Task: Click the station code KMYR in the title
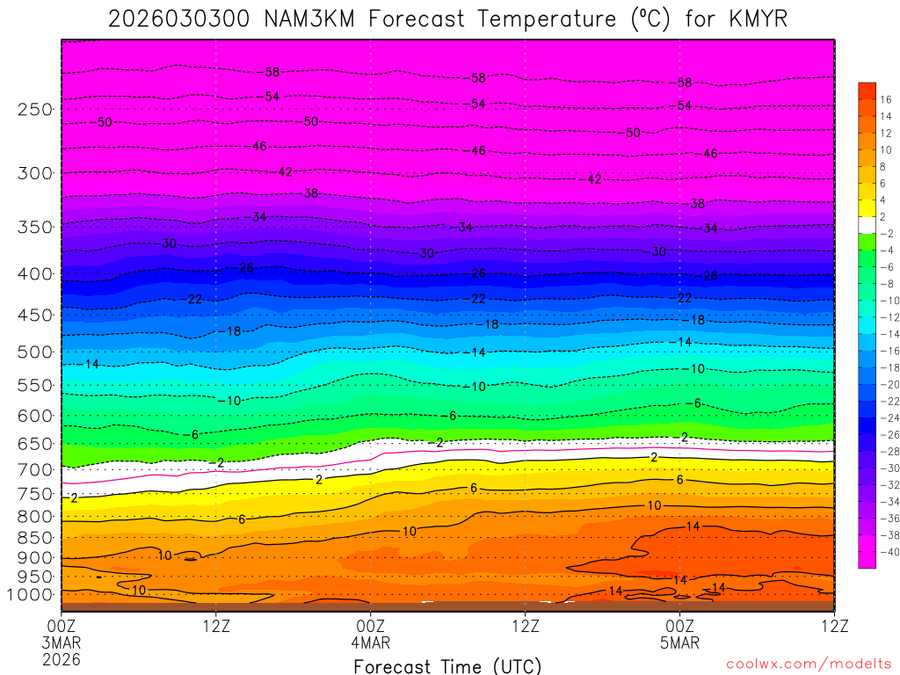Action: pos(758,18)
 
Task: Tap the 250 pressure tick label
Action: pos(36,110)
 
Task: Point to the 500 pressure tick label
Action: pos(36,352)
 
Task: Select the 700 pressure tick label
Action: pos(36,470)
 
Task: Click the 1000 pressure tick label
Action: pos(32,595)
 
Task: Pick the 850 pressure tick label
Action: pos(36,537)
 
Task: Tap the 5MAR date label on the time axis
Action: pos(680,642)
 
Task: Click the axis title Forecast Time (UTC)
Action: pos(447,666)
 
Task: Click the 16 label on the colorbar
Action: pos(886,99)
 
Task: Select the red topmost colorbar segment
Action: pos(867,91)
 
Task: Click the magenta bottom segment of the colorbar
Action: pos(867,559)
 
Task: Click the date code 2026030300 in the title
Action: pos(180,18)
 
